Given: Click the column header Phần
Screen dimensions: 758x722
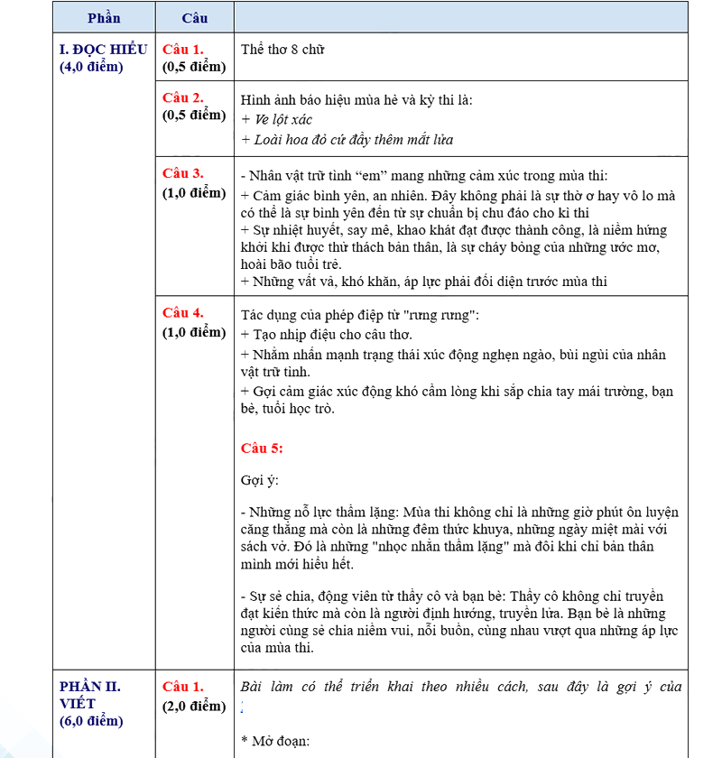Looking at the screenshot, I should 104,17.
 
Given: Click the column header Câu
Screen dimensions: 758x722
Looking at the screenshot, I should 194,17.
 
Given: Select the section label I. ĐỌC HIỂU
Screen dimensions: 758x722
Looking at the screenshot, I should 103,49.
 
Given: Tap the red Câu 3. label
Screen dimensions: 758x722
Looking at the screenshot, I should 183,173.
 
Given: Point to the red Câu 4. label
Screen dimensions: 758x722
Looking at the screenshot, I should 183,312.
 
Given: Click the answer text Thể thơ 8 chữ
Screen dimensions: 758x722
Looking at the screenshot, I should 282,49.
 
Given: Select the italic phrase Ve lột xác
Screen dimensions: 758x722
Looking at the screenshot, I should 282,119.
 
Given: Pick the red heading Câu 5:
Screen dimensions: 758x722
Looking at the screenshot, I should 263,447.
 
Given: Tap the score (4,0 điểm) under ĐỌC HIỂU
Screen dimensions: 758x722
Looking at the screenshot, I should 91,67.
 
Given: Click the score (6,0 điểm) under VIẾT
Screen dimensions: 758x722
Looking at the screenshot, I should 91,720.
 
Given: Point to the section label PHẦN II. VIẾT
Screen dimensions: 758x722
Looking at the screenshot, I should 90,694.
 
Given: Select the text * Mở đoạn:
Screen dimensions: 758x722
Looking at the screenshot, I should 275,741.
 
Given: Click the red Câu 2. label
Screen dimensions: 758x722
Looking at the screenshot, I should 183,97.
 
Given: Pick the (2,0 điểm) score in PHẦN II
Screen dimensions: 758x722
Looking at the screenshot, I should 194,706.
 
